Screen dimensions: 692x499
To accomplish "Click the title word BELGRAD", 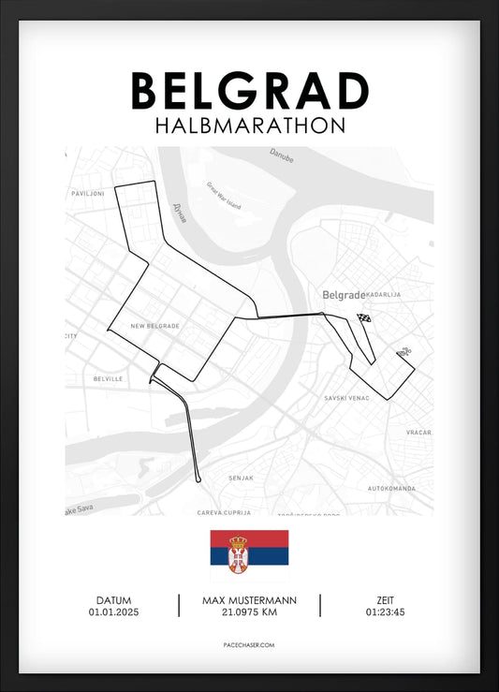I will point(249,91).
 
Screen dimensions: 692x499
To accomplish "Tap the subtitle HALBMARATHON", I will point(249,125).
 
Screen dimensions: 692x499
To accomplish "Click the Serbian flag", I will point(249,555).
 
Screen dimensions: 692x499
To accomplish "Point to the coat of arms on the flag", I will point(239,554).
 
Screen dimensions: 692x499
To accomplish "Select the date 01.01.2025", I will point(113,612).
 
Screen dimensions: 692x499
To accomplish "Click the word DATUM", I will point(113,599).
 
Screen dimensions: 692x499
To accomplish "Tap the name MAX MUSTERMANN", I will point(249,599).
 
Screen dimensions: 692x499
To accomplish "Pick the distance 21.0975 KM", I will point(249,612).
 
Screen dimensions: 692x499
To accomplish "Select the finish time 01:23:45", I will point(386,612).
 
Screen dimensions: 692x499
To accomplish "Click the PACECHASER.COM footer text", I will point(249,645).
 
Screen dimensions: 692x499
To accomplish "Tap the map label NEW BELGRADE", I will point(154,326).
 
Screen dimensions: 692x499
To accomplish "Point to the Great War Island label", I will point(224,195).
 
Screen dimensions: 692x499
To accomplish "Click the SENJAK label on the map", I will point(241,478).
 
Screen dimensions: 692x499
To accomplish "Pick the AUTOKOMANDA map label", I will point(390,489).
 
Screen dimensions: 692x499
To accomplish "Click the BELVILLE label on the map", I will point(108,378).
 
